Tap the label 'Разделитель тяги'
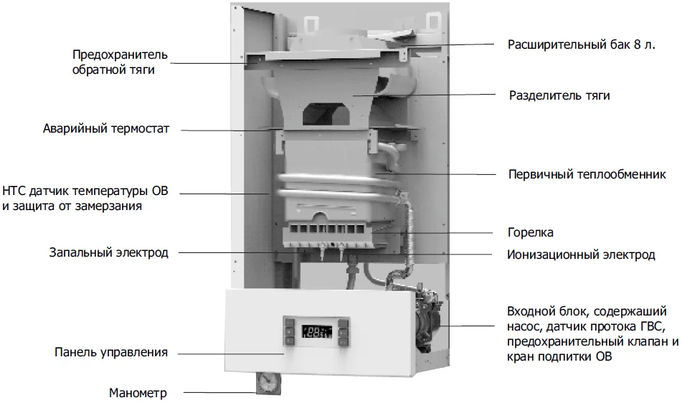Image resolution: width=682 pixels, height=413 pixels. [559, 95]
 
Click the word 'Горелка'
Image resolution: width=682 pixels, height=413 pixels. [530, 233]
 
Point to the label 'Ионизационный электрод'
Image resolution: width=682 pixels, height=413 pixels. [581, 255]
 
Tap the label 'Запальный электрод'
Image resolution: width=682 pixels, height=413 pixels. [108, 252]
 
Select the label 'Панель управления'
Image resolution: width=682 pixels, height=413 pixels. [111, 352]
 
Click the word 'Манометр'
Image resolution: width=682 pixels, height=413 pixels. [138, 393]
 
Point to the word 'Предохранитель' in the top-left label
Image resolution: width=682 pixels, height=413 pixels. [120, 55]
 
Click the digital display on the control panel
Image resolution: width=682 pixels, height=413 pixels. [315, 332]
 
